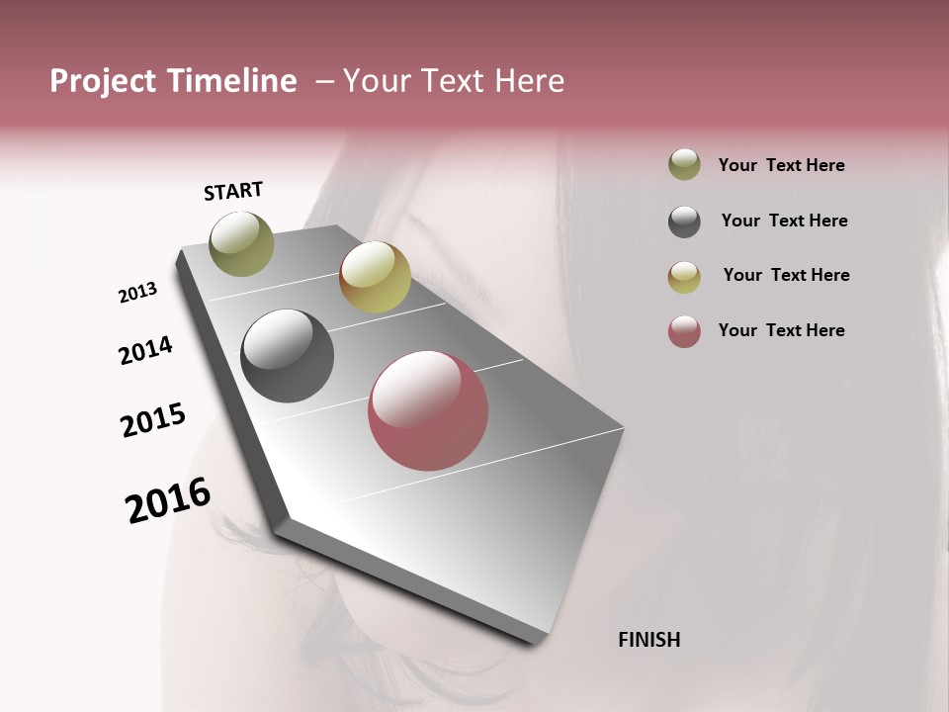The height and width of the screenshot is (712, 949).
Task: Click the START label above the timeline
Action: tap(233, 191)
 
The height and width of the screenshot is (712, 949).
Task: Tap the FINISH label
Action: tap(648, 640)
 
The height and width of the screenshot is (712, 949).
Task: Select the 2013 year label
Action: tap(137, 293)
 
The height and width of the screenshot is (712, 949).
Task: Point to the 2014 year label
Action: tap(145, 350)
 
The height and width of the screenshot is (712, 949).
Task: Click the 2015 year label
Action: tap(153, 420)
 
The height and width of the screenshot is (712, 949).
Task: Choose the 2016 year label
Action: tap(168, 500)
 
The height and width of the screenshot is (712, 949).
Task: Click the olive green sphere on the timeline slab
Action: tap(241, 243)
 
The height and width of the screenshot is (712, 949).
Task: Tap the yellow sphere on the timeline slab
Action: tap(375, 276)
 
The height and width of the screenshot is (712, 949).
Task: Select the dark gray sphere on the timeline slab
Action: tap(287, 356)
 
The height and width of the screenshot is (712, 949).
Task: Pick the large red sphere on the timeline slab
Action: tap(428, 409)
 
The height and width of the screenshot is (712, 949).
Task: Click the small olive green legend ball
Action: tap(684, 164)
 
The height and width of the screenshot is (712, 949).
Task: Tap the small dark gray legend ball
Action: tap(684, 222)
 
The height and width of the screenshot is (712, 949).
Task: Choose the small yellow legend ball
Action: tap(684, 277)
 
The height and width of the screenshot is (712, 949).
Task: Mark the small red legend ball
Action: tap(684, 331)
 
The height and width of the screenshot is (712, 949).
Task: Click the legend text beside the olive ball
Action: tap(781, 165)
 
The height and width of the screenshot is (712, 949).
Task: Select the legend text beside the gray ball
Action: tap(784, 221)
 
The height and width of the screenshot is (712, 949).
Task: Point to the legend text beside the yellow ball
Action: tap(786, 275)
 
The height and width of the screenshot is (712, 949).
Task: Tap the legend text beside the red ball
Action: tap(781, 330)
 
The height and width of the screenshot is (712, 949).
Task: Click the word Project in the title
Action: tap(104, 81)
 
